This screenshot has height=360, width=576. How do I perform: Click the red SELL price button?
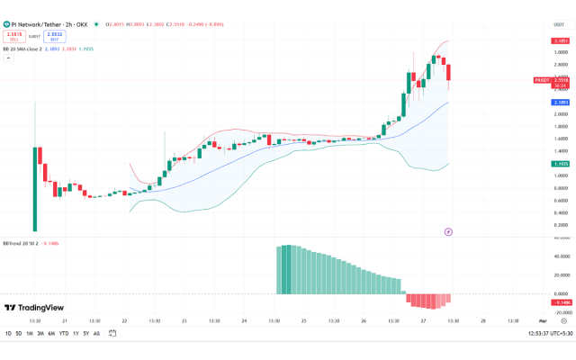13,37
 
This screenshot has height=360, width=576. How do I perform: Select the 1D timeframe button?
9,334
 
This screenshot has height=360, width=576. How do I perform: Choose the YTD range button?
64,334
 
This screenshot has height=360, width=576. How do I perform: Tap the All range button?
96,334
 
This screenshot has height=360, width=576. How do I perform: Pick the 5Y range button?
85,334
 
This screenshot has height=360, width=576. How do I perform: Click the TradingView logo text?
37,308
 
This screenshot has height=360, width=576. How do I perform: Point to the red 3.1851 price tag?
560,41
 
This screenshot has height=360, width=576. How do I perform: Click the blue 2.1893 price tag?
560,103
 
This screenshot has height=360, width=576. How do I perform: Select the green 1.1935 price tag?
560,164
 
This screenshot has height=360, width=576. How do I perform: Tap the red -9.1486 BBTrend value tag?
560,301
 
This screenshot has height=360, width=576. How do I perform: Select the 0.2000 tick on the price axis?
559,225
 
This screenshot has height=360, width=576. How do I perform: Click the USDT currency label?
558,25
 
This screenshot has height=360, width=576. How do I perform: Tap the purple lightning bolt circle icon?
448,232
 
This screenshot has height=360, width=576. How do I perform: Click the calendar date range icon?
112,334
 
